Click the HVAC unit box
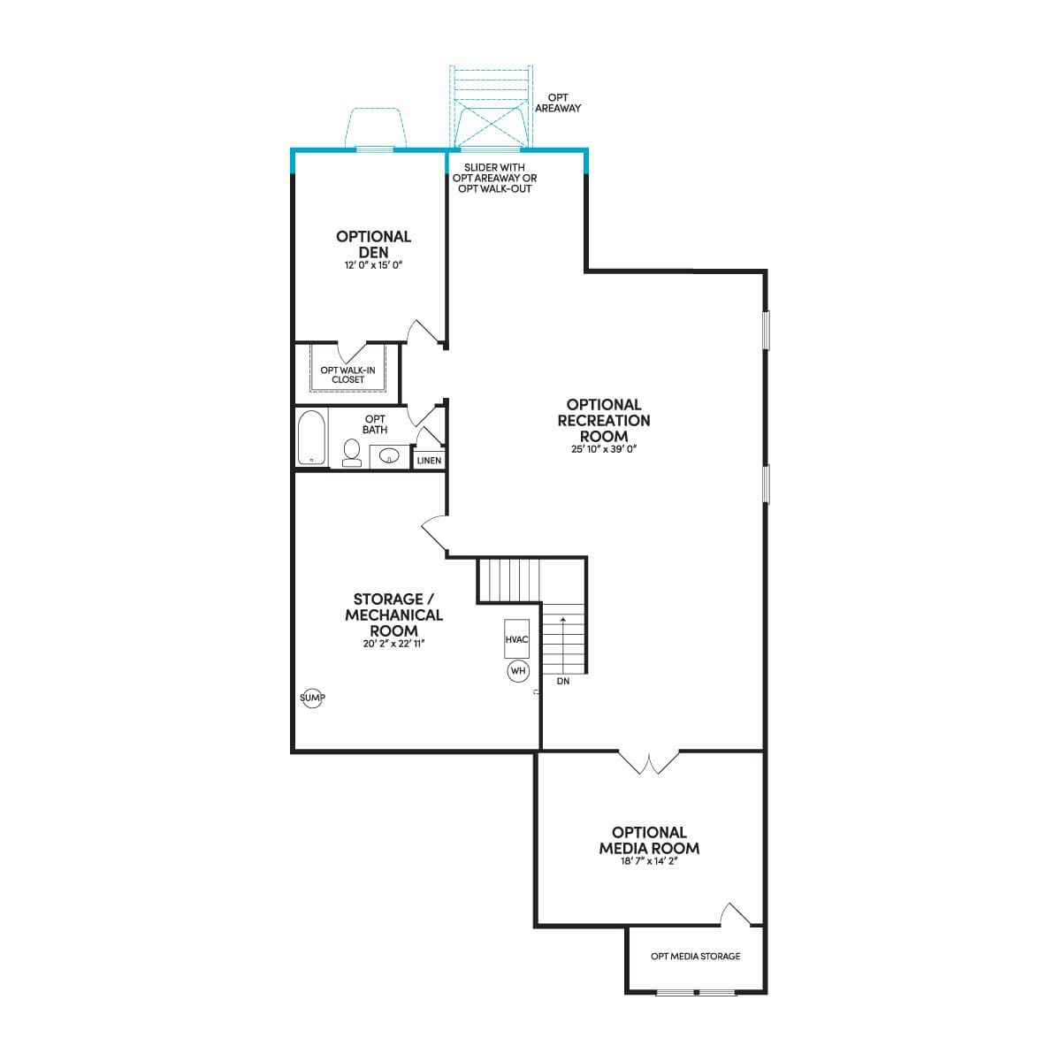point(516,638)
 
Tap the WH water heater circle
point(518,670)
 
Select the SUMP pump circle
point(312,698)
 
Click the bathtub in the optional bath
point(311,438)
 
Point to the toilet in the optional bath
point(351,454)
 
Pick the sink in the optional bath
point(389,456)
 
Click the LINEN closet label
point(429,461)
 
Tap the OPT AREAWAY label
point(558,103)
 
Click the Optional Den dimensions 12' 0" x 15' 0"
point(374,265)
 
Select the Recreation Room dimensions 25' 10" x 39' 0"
point(604,449)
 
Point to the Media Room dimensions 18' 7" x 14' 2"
point(649,861)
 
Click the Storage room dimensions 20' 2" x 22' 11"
point(393,644)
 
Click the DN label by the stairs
point(562,681)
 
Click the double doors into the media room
point(649,761)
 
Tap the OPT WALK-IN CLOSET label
point(348,375)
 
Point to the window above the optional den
point(375,149)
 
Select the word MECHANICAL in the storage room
point(393,615)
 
